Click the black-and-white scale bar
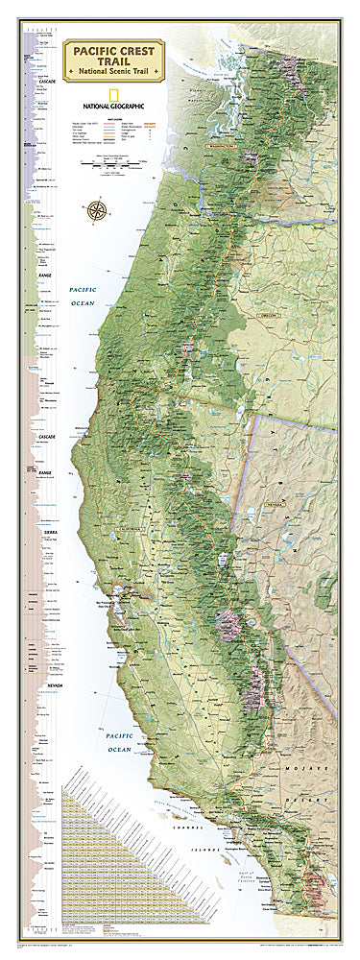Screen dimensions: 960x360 tap(132, 165)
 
